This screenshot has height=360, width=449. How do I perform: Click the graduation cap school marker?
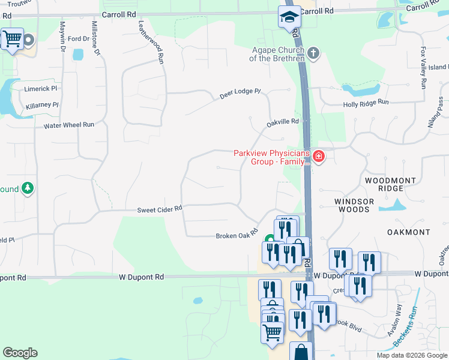click(x=289, y=17)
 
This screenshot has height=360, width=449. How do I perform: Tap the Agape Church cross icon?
click(x=313, y=54)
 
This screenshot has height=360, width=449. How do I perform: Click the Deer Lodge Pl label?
click(x=240, y=93)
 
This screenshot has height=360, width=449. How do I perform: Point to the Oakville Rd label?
click(x=283, y=122)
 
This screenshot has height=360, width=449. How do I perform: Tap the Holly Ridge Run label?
click(x=366, y=103)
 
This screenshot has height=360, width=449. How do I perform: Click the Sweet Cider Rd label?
click(x=159, y=209)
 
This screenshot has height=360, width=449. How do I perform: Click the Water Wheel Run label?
click(x=69, y=125)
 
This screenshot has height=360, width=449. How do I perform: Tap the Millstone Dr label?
click(x=95, y=38)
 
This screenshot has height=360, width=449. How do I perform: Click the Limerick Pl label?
click(x=41, y=88)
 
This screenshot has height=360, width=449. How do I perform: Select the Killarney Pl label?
click(x=42, y=105)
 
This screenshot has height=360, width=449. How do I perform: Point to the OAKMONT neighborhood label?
click(x=408, y=232)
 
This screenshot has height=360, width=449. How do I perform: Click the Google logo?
click(x=20, y=353)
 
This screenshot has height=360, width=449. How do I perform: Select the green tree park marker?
click(x=27, y=189)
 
